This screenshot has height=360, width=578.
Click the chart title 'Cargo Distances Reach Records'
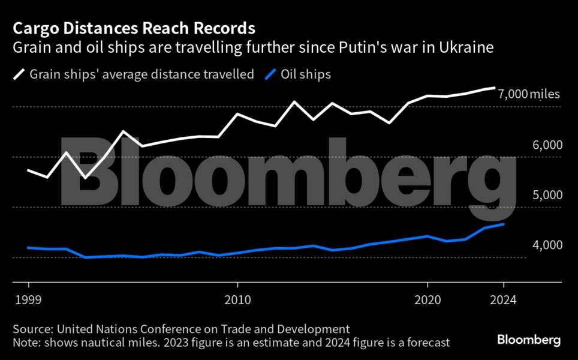click(134, 28)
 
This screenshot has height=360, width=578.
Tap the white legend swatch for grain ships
click(19, 74)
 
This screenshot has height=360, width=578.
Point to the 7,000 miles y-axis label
click(529, 94)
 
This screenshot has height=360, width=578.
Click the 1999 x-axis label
click(28, 299)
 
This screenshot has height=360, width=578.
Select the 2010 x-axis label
click(237, 299)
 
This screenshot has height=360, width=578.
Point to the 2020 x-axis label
click(428, 299)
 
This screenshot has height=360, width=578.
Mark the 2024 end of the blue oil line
click(503, 224)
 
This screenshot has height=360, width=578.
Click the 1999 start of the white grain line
click(29, 170)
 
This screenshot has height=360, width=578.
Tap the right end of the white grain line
click(494, 88)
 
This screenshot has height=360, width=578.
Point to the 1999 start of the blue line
click(29, 247)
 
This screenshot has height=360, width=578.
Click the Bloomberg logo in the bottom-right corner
click(529, 340)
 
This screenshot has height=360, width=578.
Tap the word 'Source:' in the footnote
click(32, 329)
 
